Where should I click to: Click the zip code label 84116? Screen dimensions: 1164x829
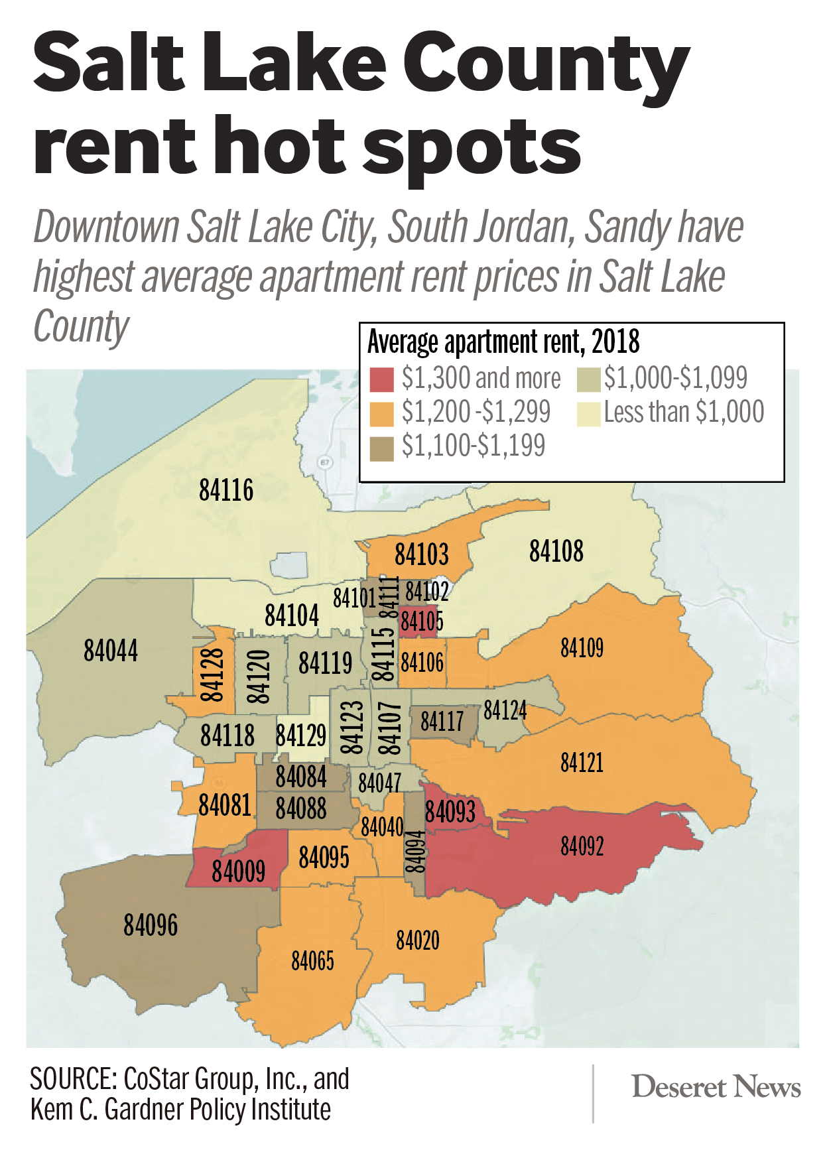226,491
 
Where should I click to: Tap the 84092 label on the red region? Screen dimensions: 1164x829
582,846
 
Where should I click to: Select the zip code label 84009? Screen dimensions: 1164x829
238,871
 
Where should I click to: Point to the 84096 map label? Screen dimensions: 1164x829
151,925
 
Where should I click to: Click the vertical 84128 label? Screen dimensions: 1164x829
212,675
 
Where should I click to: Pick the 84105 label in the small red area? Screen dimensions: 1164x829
422,622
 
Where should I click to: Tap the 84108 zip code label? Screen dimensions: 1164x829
556,551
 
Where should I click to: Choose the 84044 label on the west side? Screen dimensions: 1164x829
111,651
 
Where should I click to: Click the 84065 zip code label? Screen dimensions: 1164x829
312,960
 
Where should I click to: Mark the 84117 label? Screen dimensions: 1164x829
442,722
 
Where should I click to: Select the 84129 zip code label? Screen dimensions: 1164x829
301,736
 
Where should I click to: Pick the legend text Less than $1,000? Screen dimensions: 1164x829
684,413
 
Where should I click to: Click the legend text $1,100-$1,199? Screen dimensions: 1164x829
474,446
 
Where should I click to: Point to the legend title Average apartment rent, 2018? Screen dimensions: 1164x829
503,342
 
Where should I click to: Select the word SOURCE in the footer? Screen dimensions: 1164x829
72,1079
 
